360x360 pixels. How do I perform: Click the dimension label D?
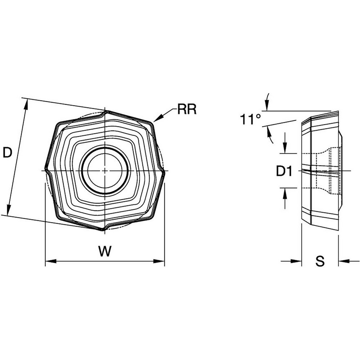coord(7,153)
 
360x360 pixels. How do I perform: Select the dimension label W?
coord(105,252)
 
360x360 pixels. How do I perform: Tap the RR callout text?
coord(187,109)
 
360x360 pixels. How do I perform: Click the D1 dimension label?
coord(283,172)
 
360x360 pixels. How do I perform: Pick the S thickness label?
coord(320,262)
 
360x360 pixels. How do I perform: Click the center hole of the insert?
coord(104,170)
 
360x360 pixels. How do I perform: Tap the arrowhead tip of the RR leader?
coord(154,121)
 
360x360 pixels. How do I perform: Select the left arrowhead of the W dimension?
coord(48,261)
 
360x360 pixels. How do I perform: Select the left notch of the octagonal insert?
coord(46,170)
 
